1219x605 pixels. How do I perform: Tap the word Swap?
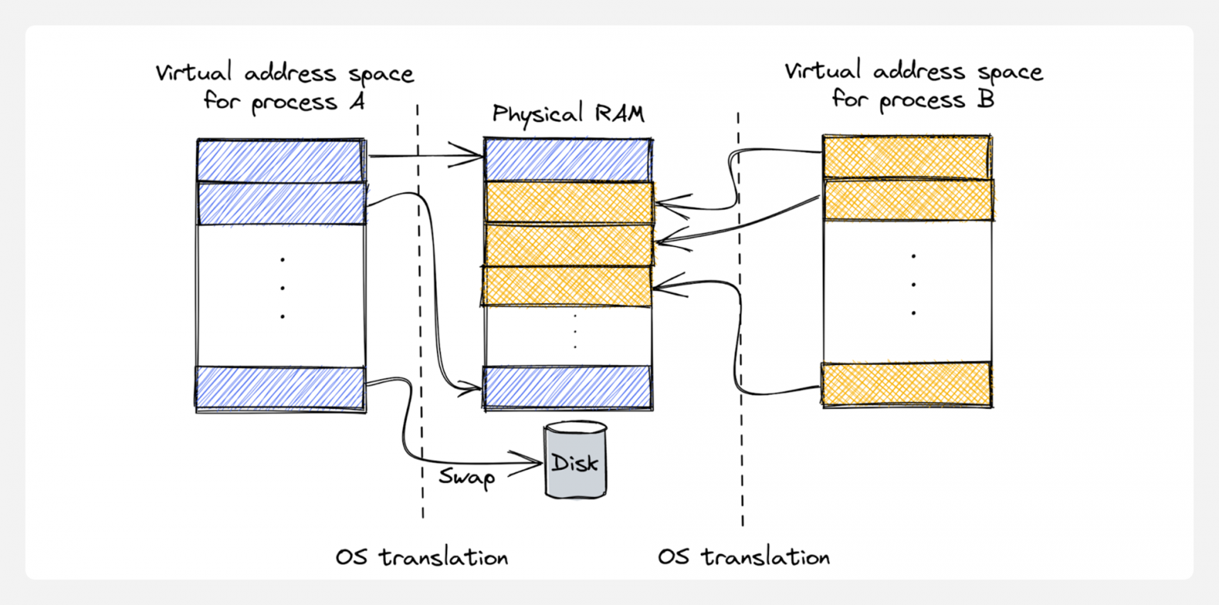point(467,477)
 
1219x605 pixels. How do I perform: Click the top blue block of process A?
point(281,160)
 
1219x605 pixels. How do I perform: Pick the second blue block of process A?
point(281,203)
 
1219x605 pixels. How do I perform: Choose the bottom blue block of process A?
point(281,388)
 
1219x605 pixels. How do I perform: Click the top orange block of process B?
point(906,156)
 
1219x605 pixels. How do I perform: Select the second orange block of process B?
point(907,200)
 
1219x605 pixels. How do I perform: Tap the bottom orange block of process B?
point(906,384)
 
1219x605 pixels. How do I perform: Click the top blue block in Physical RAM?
point(567,159)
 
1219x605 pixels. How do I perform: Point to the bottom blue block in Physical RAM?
point(567,387)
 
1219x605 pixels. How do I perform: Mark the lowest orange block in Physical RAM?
point(567,287)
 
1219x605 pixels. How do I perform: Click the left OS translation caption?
point(422,558)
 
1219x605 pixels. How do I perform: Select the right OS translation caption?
point(743,558)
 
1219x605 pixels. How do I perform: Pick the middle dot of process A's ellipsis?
point(282,288)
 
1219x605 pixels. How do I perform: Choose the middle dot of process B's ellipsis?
point(913,285)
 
